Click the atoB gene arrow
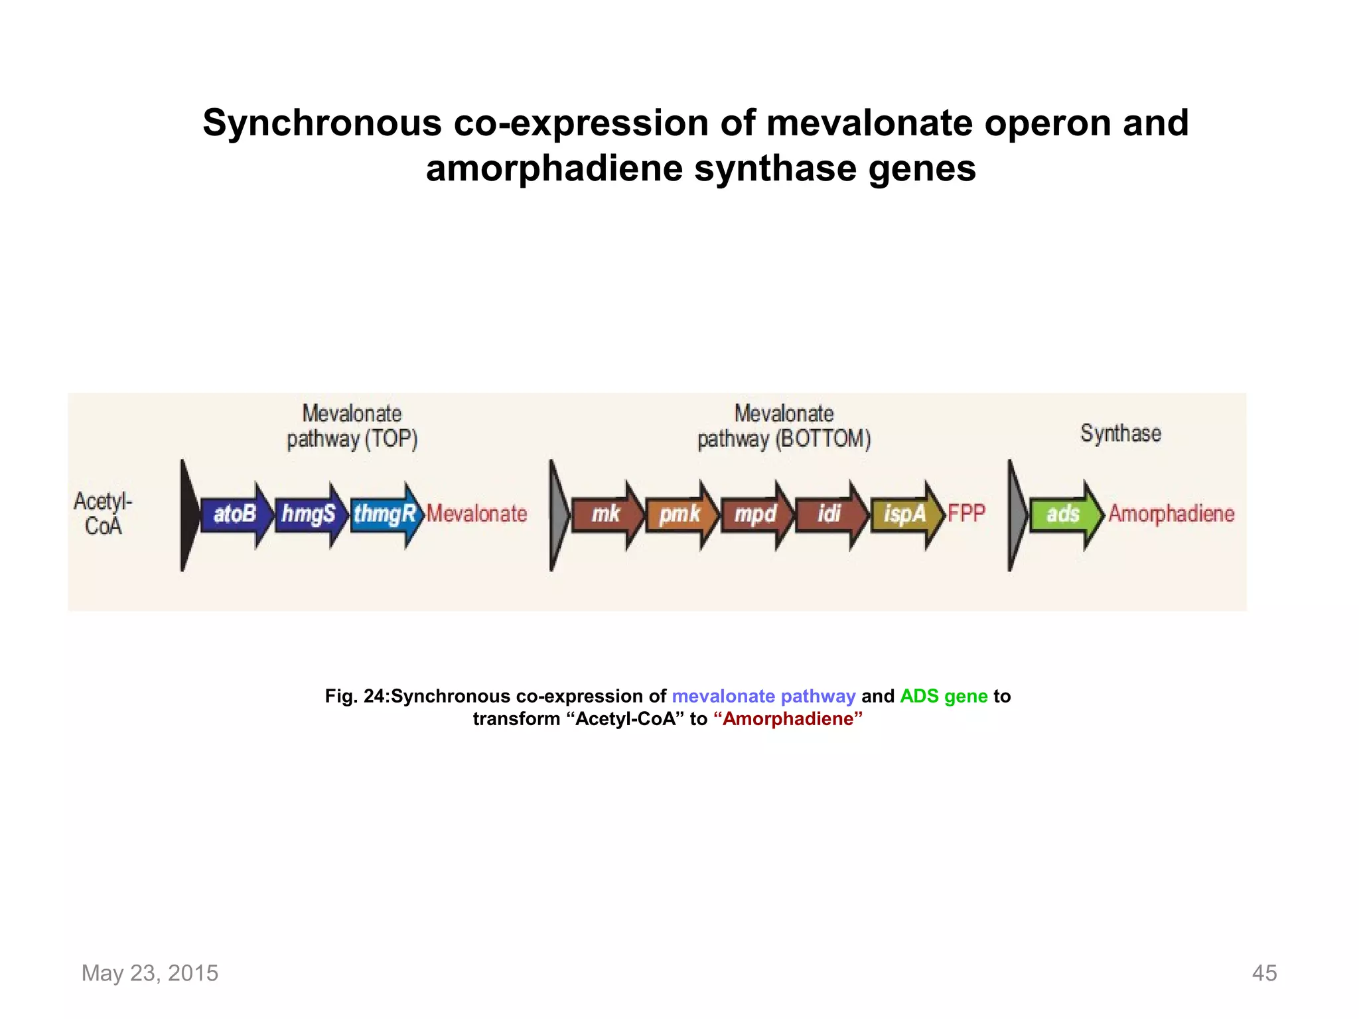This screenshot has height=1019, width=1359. [236, 514]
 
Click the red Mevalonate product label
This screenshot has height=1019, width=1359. [476, 513]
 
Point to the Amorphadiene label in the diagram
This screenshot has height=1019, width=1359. [1171, 513]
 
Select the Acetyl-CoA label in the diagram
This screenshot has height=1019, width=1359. [103, 513]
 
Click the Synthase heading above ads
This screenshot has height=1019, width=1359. [1120, 433]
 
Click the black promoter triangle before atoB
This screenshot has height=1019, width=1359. [188, 515]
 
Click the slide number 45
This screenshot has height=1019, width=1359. [1263, 973]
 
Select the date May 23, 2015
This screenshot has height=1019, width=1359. [150, 973]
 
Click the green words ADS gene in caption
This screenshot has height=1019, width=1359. [944, 696]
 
